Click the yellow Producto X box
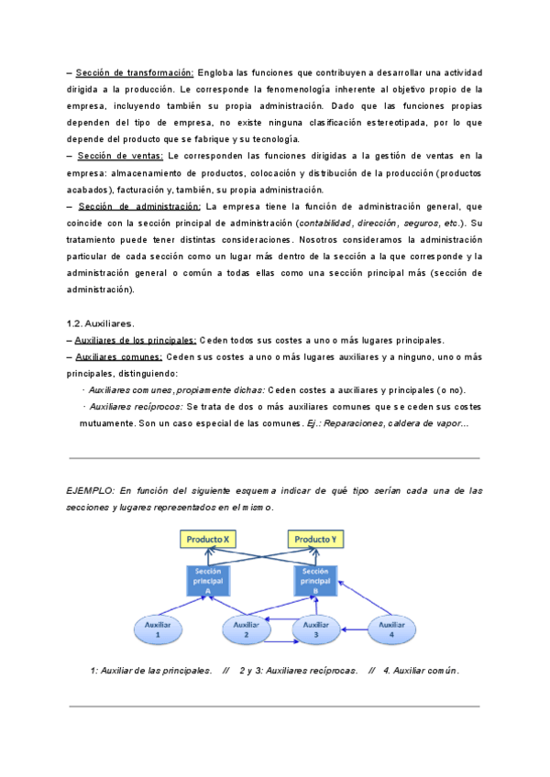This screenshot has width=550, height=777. coord(208,540)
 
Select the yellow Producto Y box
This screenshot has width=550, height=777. coord(316,540)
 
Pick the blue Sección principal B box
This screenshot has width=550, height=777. coord(315,580)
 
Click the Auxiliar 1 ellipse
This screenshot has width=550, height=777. coord(159,629)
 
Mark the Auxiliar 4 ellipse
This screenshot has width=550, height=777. coord(397,629)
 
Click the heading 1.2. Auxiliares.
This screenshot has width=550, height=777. coord(101,323)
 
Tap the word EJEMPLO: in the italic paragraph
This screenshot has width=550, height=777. coord(92,491)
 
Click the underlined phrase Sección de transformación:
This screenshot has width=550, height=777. coord(135,72)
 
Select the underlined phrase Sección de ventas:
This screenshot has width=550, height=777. coord(115,156)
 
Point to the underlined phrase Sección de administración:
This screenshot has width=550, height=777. coord(139,206)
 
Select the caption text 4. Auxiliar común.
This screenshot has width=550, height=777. coord(421,670)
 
